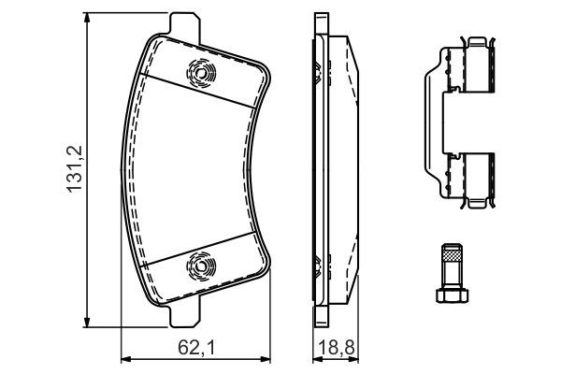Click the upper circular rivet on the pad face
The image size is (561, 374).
point(199,71)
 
